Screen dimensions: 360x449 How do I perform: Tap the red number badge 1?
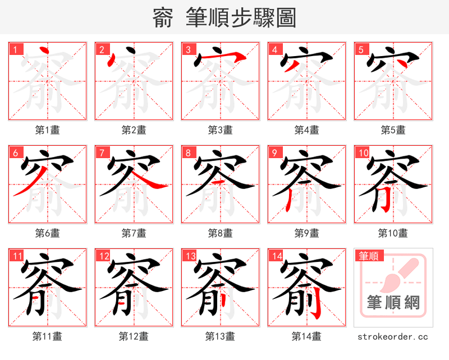[x=15, y=49]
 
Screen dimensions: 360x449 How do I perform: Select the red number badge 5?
[x=361, y=49]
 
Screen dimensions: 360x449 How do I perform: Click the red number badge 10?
[x=363, y=153]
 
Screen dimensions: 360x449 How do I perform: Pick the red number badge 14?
[x=276, y=256]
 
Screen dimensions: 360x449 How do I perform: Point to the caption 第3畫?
[x=220, y=130]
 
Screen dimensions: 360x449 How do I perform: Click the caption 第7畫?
[x=134, y=233]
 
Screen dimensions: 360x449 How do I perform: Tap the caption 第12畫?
[x=134, y=336]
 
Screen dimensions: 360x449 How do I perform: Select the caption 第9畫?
[x=306, y=233]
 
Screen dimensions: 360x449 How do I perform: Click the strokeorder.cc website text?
[x=393, y=336]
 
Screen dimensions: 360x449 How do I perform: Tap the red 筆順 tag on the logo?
[x=369, y=256]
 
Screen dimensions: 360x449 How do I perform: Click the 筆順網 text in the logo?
[x=393, y=303]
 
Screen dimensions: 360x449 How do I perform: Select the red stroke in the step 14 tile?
[x=315, y=306]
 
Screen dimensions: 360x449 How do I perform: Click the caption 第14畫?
[x=306, y=336]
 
